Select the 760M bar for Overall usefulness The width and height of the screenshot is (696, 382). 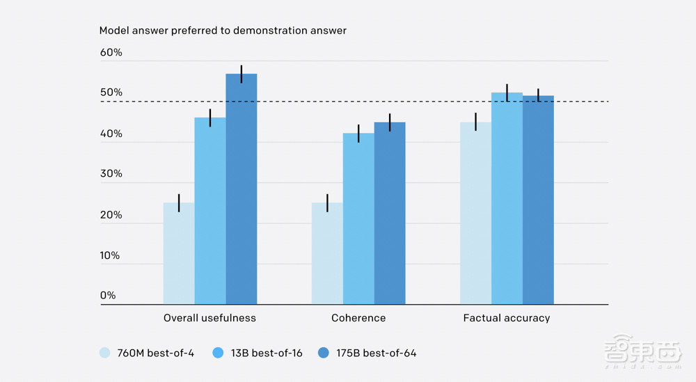179,253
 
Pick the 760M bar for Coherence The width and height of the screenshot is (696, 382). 327,253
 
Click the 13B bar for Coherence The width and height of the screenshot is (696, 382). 358,218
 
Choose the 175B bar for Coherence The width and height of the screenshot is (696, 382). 390,213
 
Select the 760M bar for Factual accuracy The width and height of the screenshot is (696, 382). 475,213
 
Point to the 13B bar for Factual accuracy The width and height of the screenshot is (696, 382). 507,198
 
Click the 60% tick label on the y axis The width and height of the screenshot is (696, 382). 111,53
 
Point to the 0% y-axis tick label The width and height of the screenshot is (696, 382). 108,295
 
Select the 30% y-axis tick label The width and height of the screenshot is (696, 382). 111,174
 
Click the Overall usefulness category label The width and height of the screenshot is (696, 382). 209,318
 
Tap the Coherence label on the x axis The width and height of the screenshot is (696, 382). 358,318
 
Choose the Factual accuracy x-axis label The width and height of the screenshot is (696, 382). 507,318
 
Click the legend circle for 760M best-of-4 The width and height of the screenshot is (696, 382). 105,353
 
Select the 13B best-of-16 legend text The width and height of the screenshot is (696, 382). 267,353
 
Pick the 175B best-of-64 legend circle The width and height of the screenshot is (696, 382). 324,353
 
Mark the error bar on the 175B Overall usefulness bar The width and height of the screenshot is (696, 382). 242,74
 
